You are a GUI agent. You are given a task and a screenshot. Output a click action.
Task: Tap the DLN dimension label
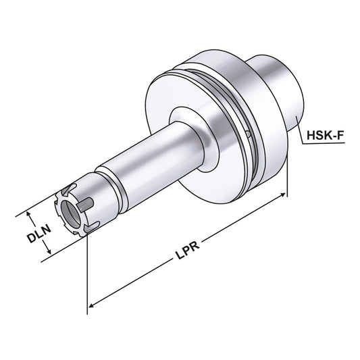point(39,237)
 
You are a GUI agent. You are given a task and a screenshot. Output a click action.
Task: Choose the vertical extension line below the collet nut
point(88,270)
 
